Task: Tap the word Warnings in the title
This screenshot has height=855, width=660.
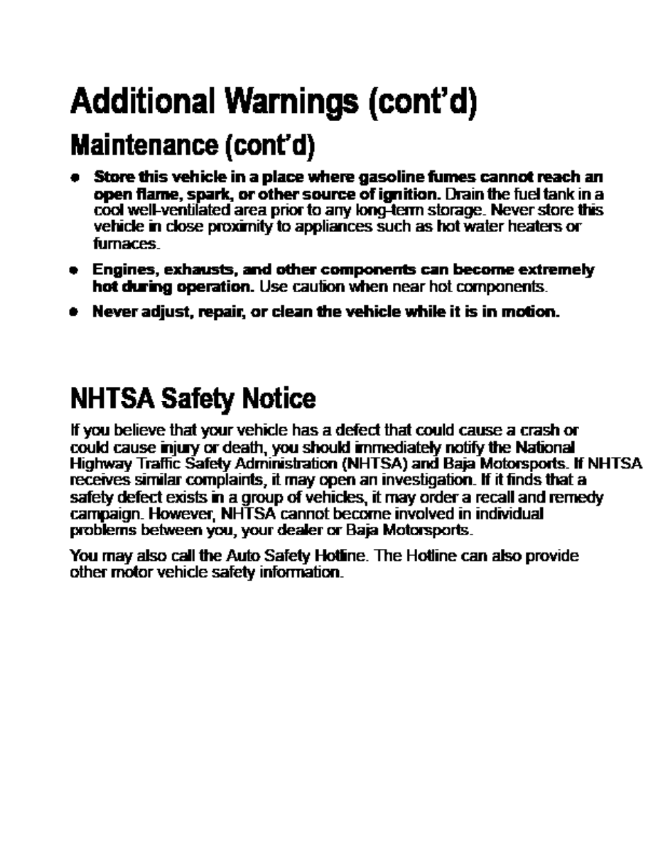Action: [284, 102]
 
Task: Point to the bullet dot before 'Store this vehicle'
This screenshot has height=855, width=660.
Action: [73, 177]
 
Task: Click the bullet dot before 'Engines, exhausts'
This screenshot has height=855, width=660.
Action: [73, 270]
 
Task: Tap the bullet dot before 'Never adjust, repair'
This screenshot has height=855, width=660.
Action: [73, 312]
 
